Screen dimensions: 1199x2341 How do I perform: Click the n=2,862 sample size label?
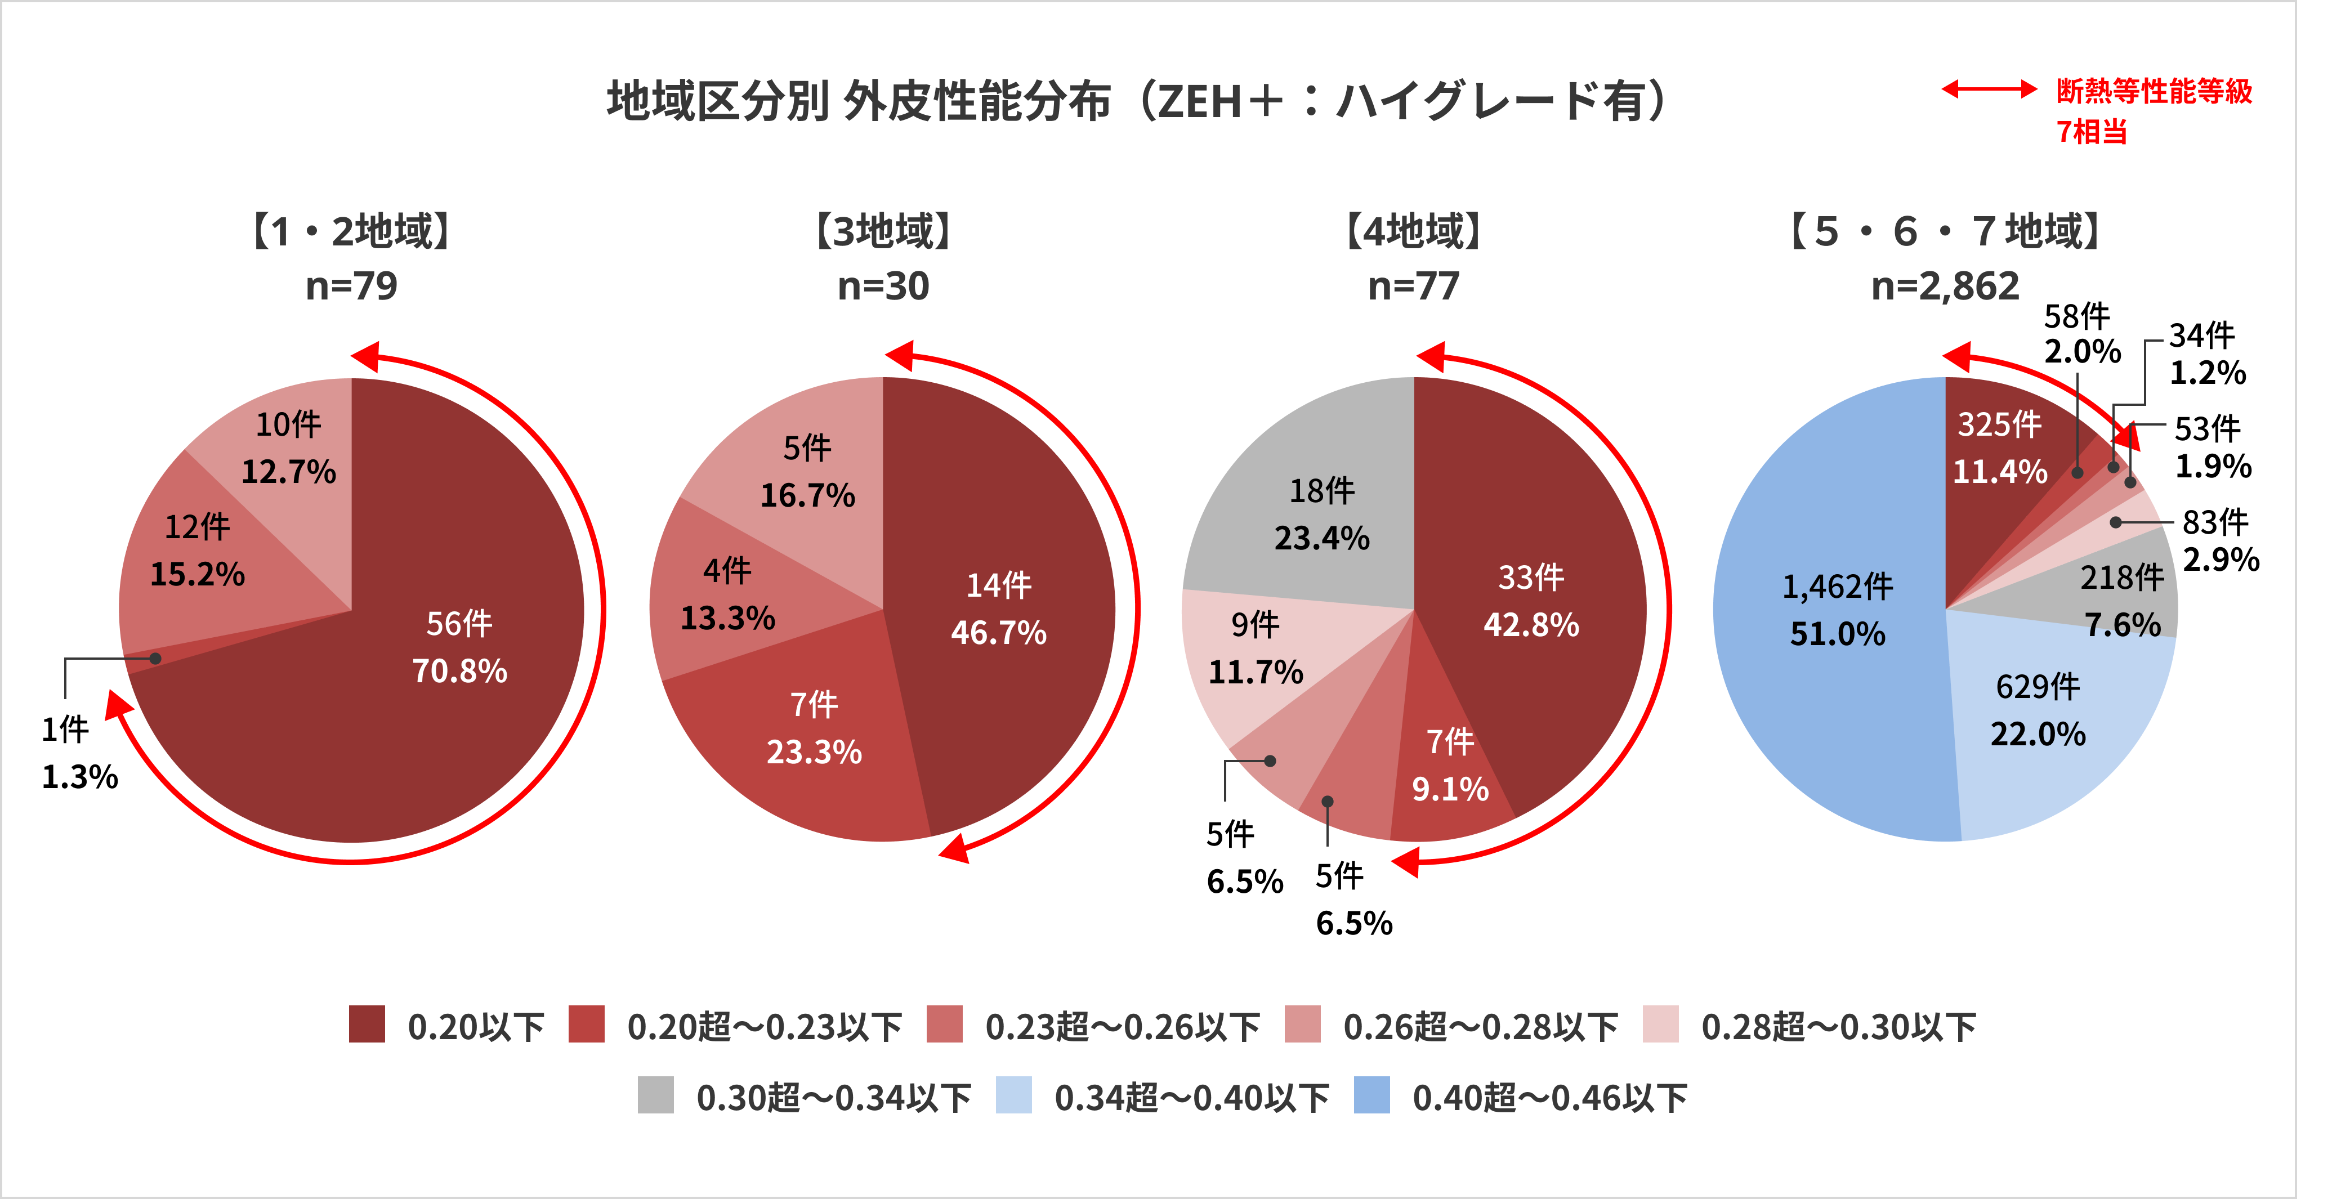click(1945, 286)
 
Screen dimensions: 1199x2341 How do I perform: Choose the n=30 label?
click(882, 286)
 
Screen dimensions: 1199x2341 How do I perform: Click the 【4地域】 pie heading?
click(1413, 231)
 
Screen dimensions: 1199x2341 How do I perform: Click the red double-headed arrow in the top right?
click(1989, 89)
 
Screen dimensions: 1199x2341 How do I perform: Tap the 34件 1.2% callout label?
click(2206, 354)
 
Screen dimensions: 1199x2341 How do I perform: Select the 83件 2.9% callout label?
click(2219, 540)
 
